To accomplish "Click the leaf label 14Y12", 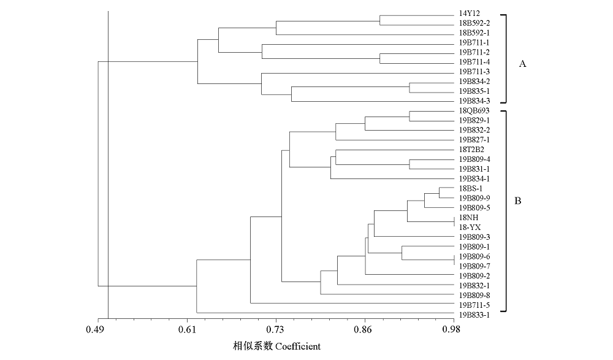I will pyautogui.click(x=469, y=13).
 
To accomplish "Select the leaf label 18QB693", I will pyautogui.click(x=473, y=110).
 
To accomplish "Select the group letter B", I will pyautogui.click(x=518, y=201).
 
